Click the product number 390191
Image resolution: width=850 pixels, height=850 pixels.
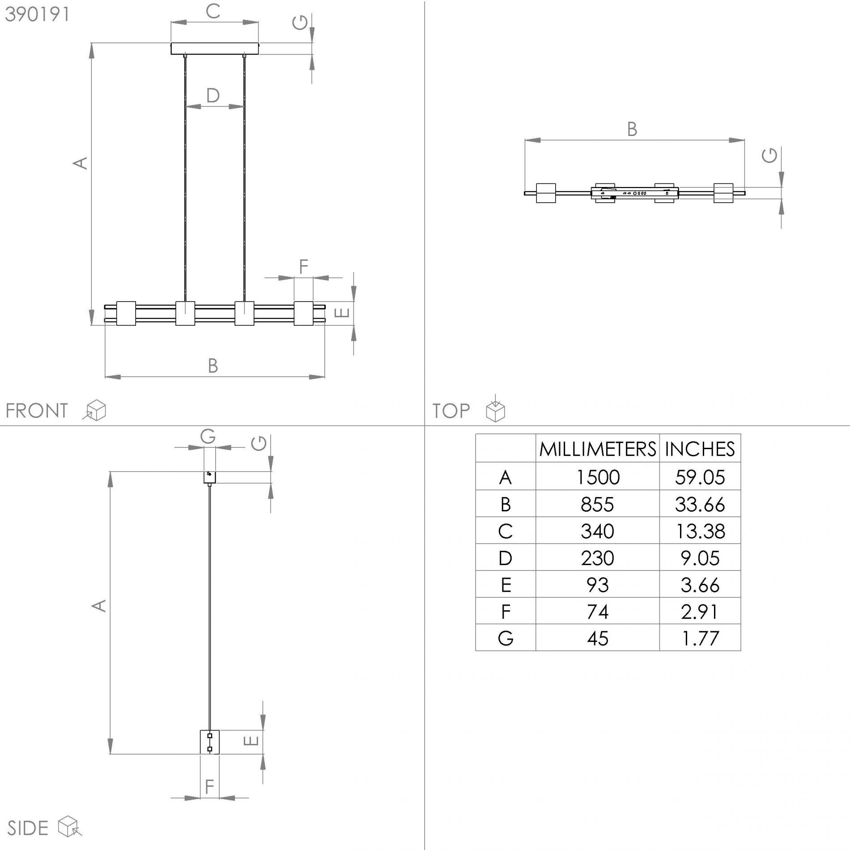(37, 14)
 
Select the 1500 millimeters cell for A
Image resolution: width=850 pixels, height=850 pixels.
(597, 477)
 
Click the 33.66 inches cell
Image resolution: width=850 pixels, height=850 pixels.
(700, 504)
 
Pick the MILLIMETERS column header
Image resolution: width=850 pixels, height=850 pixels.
(597, 449)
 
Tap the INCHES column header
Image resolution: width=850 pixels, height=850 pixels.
(700, 449)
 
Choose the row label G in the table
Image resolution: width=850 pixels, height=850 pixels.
(506, 638)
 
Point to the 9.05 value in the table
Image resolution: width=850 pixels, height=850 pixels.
(700, 558)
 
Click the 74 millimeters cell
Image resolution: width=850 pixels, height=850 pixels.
(597, 611)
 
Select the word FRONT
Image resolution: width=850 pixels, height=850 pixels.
(37, 411)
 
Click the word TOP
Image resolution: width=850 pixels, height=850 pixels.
(451, 411)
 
